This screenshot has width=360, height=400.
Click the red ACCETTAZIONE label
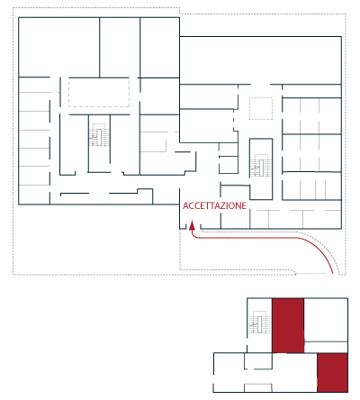tap(214, 205)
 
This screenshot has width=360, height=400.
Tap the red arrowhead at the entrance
tap(192, 225)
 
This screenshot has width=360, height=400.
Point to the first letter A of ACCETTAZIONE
tap(185, 205)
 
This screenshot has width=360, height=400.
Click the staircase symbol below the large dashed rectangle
tap(99, 135)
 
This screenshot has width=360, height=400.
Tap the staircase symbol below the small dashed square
tap(261, 166)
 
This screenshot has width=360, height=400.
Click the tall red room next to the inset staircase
tap(288, 325)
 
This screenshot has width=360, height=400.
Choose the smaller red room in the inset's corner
tap(333, 372)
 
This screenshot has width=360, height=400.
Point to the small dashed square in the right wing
tap(261, 108)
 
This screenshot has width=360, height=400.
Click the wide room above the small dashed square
tap(260, 60)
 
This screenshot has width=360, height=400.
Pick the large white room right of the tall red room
tap(326, 320)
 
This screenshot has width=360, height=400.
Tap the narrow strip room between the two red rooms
tap(326, 347)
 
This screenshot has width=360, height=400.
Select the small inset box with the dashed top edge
tap(258, 387)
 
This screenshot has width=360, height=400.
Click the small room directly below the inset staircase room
tap(258, 361)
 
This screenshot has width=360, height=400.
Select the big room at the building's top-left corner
tap(59, 47)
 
